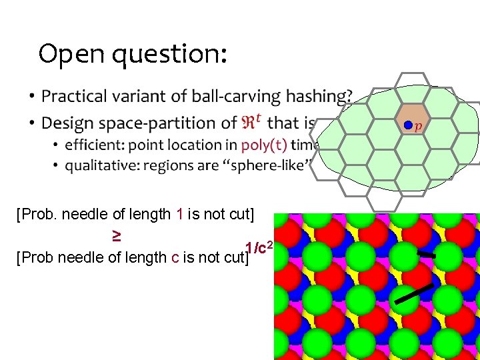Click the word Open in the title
[71, 54]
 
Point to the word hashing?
[319, 97]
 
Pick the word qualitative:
[100, 165]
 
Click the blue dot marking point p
[407, 125]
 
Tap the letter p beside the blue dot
[418, 127]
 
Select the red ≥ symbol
[115, 235]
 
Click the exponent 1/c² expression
[259, 249]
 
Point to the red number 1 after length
[179, 214]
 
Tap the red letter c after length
[175, 257]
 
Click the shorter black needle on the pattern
[425, 254]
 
